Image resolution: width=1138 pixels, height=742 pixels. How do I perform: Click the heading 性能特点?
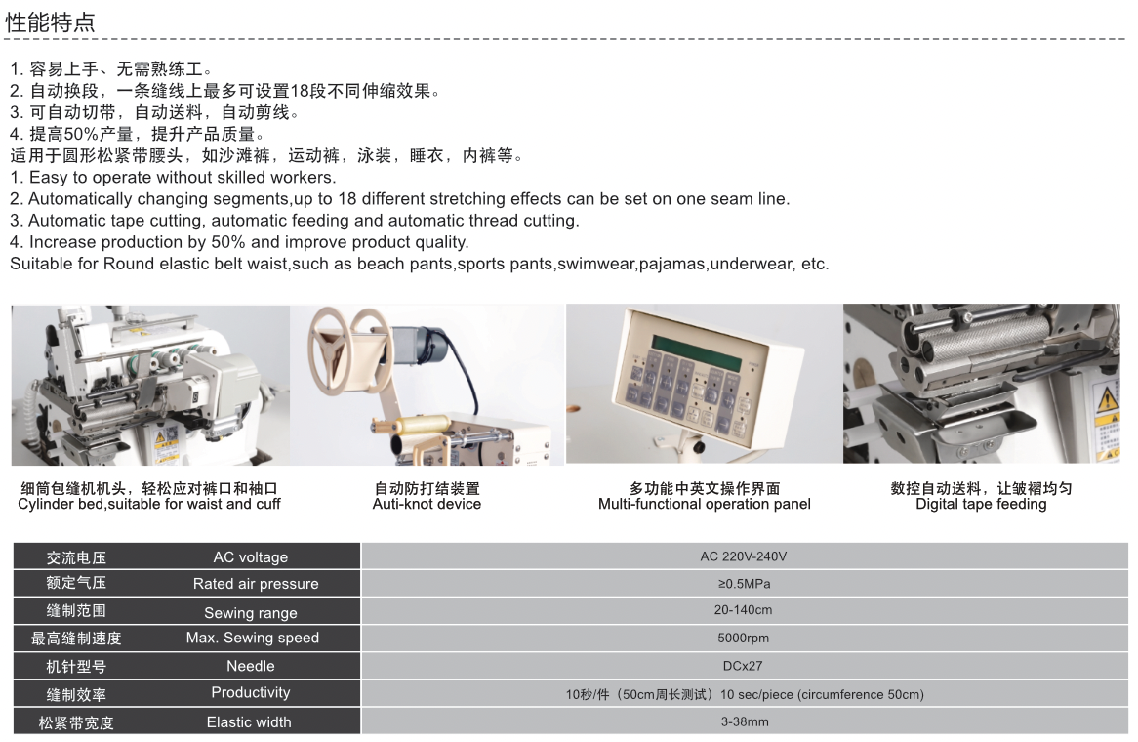[50, 22]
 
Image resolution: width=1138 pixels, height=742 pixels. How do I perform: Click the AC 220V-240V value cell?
[743, 556]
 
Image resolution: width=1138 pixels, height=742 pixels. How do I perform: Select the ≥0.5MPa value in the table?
[744, 584]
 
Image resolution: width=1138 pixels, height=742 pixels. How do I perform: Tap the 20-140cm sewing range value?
[743, 610]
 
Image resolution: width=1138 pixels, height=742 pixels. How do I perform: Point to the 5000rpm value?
[743, 639]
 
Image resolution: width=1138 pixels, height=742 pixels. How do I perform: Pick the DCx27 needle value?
[743, 666]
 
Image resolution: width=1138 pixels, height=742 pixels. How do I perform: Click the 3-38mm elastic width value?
[745, 721]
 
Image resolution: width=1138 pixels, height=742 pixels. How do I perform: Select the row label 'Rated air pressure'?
[256, 584]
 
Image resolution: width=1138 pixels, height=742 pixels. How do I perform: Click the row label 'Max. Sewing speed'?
[253, 638]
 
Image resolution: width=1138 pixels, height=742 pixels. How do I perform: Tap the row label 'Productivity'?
[251, 692]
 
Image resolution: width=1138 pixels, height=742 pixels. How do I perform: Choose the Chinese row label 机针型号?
[76, 667]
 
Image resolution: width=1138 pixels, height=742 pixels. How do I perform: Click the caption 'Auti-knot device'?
[427, 504]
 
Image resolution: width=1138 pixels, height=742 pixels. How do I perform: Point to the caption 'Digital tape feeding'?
[981, 504]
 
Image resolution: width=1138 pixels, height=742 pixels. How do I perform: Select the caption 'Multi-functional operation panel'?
[705, 504]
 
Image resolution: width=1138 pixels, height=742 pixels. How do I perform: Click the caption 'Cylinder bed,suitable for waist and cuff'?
[149, 504]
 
